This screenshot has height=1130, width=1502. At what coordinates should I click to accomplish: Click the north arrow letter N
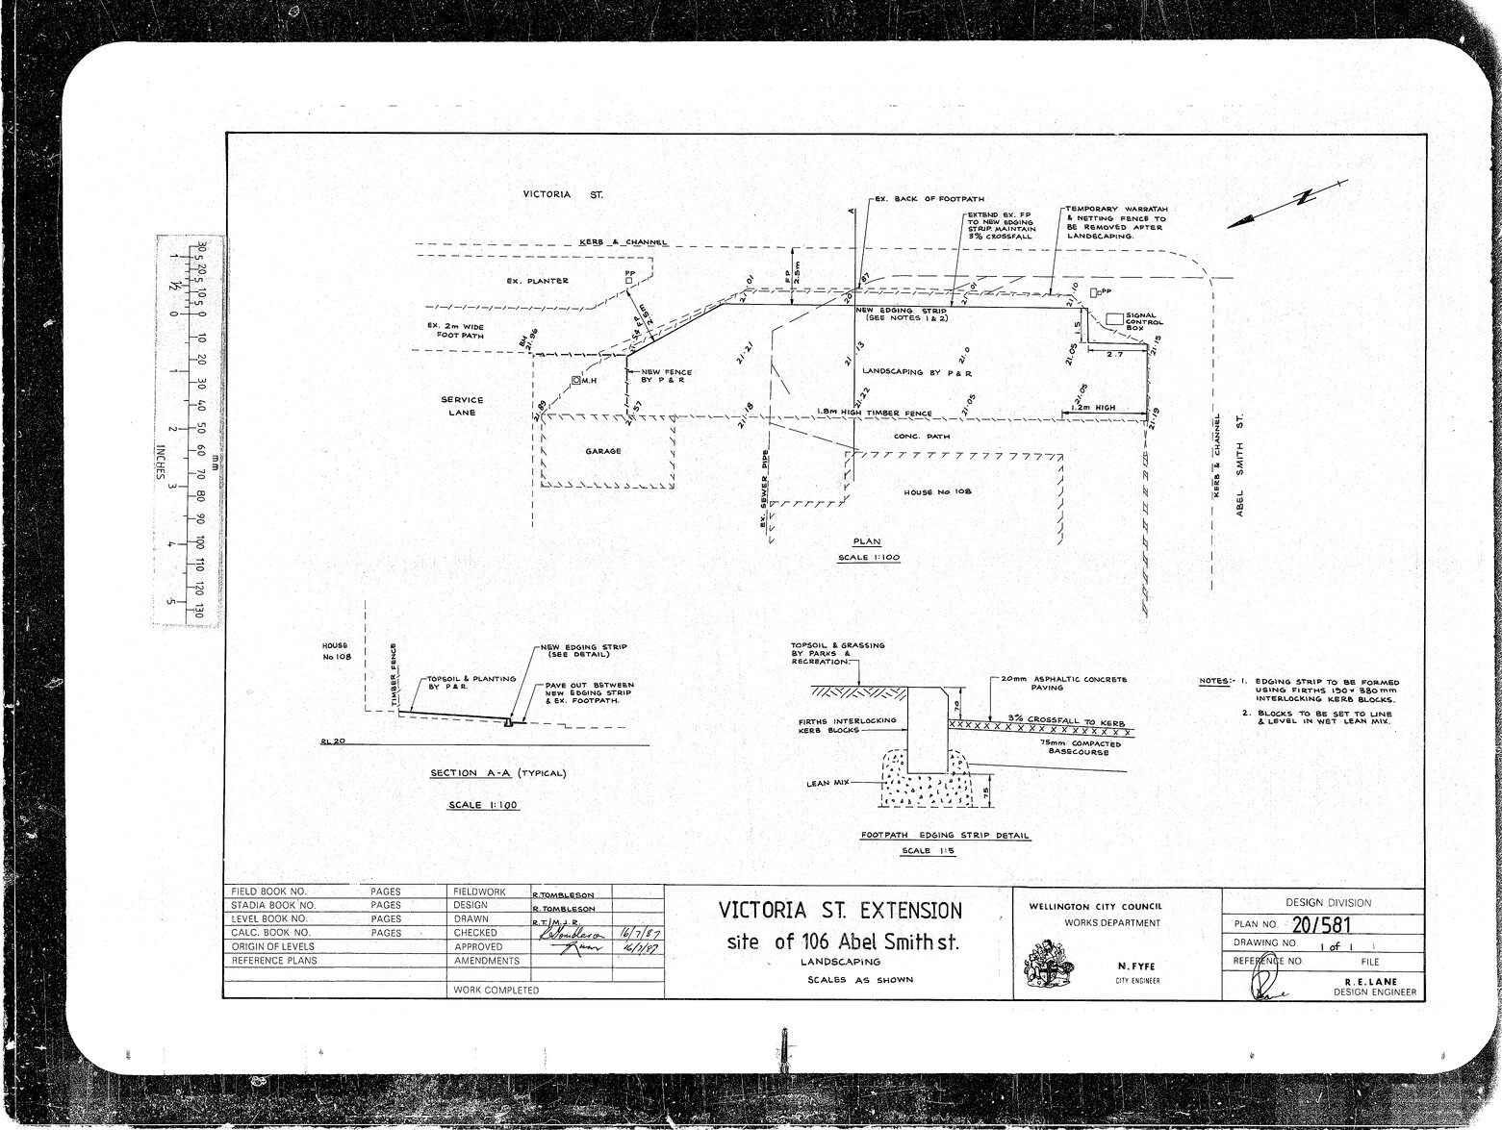[1304, 197]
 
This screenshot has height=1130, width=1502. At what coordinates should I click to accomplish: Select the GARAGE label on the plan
[603, 451]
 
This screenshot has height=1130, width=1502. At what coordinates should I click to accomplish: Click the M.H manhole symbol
[576, 381]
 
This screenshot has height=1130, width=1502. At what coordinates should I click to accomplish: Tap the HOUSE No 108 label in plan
[937, 491]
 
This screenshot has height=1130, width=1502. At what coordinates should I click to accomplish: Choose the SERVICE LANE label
[462, 406]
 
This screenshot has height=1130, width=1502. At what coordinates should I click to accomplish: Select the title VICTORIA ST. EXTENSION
[839, 910]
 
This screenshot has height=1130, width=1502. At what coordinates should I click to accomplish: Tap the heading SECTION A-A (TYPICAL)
[498, 773]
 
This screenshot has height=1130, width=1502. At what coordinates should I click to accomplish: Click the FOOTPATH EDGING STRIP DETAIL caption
[944, 836]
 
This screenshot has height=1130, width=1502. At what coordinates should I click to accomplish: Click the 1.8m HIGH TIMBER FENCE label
[875, 414]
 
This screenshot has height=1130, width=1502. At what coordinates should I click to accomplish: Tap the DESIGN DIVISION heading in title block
[1328, 902]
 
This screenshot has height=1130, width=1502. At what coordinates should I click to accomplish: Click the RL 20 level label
[330, 741]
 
